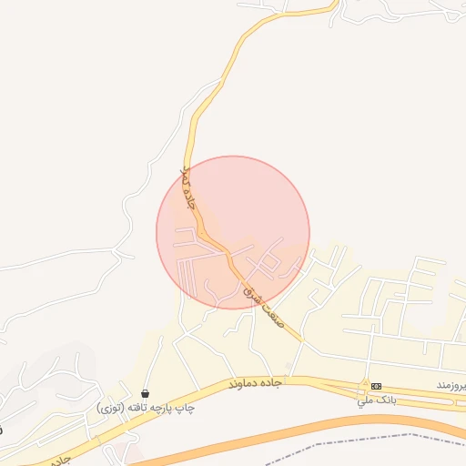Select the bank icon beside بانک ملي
pyautogui.click(x=376, y=387)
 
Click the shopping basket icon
pyautogui.click(x=146, y=393)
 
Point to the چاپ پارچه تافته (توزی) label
pyautogui.click(x=146, y=409)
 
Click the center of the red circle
pyautogui.click(x=233, y=232)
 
